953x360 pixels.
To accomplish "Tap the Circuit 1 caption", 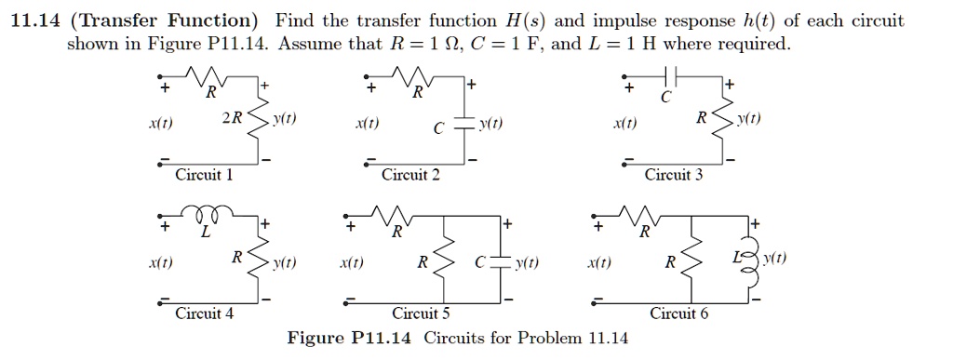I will tap(205, 175).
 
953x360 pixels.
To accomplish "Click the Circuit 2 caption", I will tap(410, 175).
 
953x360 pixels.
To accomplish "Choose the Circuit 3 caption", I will tap(674, 175).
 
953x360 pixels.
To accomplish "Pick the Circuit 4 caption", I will tap(205, 313).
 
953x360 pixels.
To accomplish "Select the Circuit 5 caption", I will tap(421, 313).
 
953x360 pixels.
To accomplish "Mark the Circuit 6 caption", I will tap(678, 313).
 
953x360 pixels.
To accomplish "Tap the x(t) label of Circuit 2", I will tap(366, 124).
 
